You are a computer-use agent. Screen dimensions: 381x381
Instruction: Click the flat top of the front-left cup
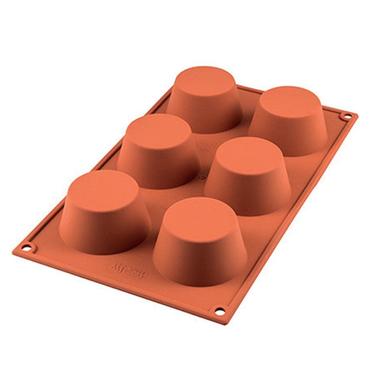(104, 190)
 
